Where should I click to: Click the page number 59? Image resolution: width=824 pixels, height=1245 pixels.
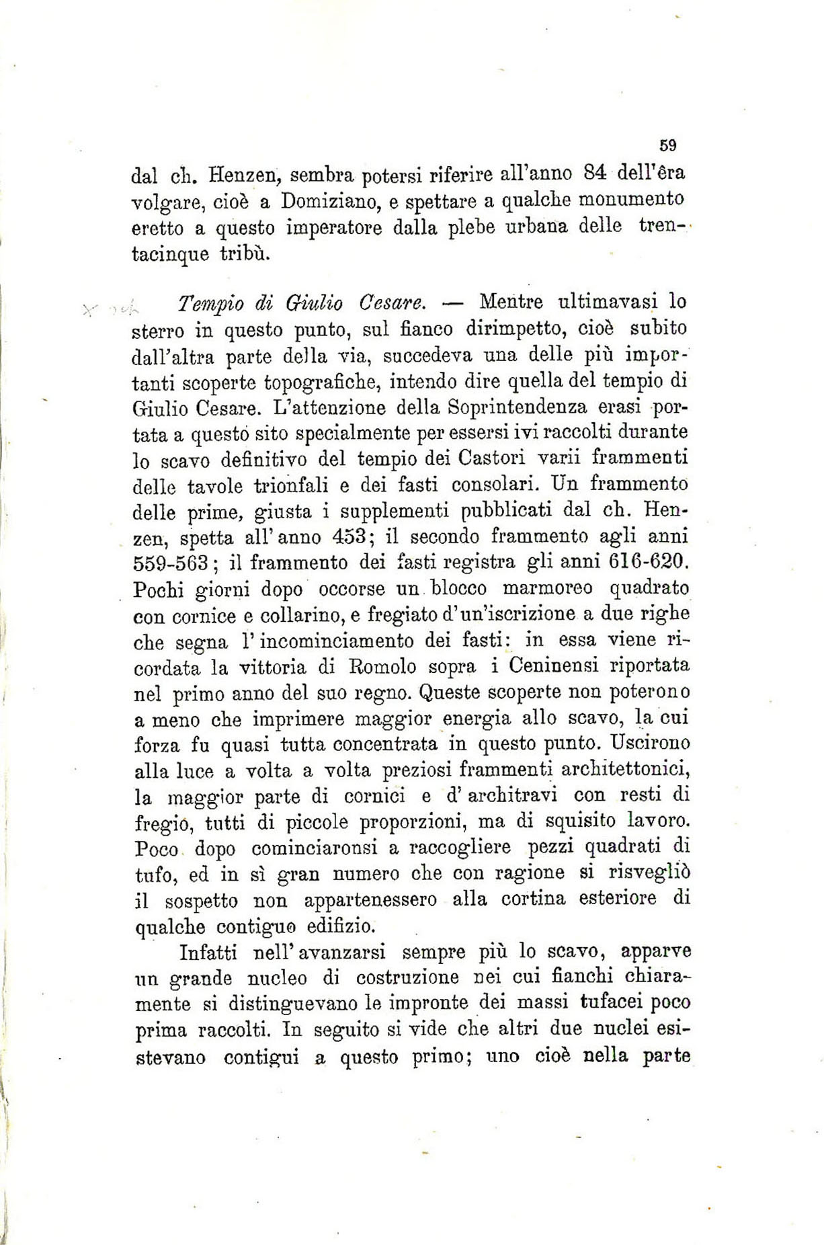(x=667, y=145)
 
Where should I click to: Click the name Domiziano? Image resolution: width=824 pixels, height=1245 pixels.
(x=327, y=200)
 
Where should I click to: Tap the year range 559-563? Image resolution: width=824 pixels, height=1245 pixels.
(x=171, y=563)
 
